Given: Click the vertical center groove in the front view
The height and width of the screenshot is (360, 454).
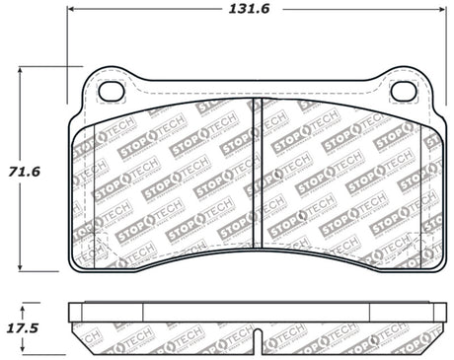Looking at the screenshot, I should click(x=256, y=178).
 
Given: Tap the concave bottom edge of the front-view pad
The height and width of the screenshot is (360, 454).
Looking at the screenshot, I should click(x=256, y=248).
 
